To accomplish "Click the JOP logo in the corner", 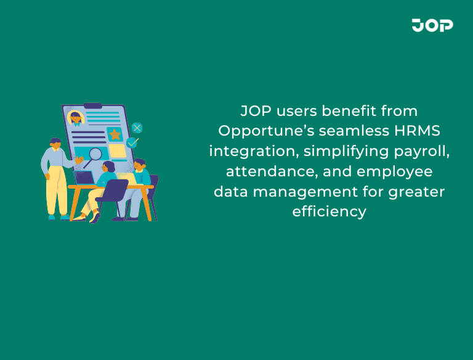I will click(432, 25).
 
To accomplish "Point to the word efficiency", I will click(329, 211).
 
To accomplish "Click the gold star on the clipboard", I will click(115, 134).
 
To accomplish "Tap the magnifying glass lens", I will click(95, 154).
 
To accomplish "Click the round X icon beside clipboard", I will click(137, 128).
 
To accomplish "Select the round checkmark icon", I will click(132, 142).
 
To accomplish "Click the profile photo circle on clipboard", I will click(76, 118).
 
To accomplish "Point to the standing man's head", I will click(55, 143).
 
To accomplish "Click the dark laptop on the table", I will click(84, 177).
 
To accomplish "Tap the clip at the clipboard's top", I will click(93, 105).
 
